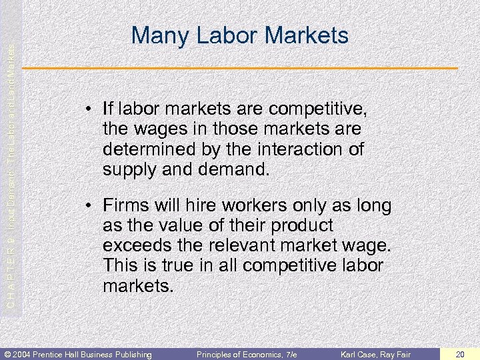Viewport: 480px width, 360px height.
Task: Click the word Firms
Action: [x=125, y=205]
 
